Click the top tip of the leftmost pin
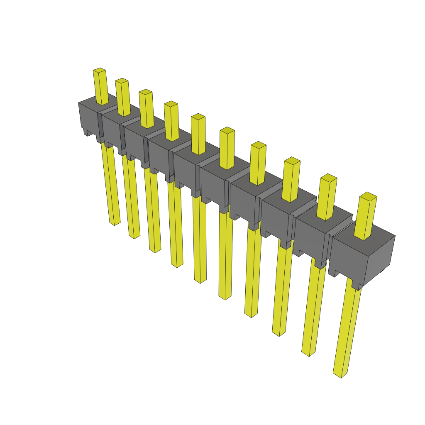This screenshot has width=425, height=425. (99, 71)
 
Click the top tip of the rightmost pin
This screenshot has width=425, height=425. (368, 195)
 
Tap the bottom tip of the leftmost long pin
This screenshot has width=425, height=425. (115, 223)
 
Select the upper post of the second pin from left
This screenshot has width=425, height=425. (123, 98)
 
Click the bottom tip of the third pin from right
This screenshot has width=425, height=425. (279, 333)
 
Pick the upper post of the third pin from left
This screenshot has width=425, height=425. (147, 109)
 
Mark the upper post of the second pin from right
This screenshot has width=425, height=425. (327, 197)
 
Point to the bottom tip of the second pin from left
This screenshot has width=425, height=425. (134, 236)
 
